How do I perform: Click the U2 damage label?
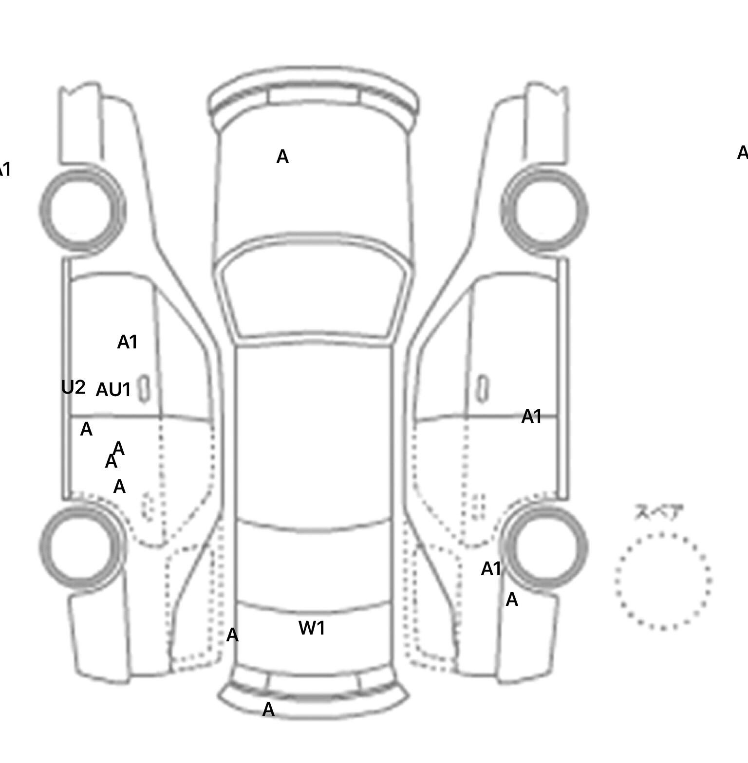[x=74, y=387]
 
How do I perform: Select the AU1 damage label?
[x=113, y=390]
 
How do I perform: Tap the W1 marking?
[x=312, y=628]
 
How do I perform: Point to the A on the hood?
[x=282, y=157]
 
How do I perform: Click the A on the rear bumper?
[x=268, y=710]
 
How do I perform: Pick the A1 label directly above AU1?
[x=128, y=342]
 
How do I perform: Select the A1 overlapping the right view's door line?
[x=531, y=417]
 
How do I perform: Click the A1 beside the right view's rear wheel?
[x=491, y=568]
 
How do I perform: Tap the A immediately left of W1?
[x=232, y=635]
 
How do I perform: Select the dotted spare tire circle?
[x=663, y=581]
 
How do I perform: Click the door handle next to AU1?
[x=144, y=389]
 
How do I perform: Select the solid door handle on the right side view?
[x=482, y=389]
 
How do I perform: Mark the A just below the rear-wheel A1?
[x=511, y=600]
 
